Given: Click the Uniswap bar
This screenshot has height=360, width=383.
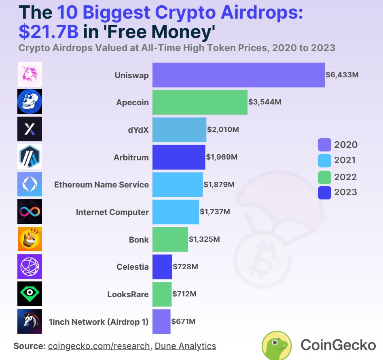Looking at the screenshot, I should tap(239, 75).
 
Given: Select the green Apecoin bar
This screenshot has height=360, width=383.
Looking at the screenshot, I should tap(200, 102).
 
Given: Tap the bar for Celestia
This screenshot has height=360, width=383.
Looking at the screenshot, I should tap(162, 267).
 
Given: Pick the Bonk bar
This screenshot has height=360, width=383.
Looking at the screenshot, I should tap(170, 239).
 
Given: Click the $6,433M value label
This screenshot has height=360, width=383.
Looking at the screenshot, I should tap(342, 75).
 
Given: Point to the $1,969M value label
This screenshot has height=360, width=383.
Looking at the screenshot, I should tap(222, 157).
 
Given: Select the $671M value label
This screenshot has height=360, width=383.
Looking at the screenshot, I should tap(184, 322).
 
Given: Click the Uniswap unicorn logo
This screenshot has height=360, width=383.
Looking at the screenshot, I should tap(30, 74).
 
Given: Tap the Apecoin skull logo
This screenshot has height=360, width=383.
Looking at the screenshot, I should tap(30, 101).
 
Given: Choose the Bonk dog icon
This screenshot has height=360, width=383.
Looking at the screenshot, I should tap(30, 239).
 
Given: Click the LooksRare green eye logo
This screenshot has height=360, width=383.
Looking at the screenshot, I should tap(30, 294).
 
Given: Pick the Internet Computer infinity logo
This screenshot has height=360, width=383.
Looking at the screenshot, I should tap(30, 211).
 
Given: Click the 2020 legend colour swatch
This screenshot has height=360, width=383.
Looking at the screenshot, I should tap(325, 145).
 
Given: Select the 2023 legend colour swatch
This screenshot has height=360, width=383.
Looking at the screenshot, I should tap(325, 192).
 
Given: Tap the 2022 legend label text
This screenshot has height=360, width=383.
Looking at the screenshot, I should tap(345, 177).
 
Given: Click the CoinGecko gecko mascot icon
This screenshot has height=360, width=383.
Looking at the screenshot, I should tap(277, 345).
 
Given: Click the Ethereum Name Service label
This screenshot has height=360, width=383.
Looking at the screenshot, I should tap(102, 185).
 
